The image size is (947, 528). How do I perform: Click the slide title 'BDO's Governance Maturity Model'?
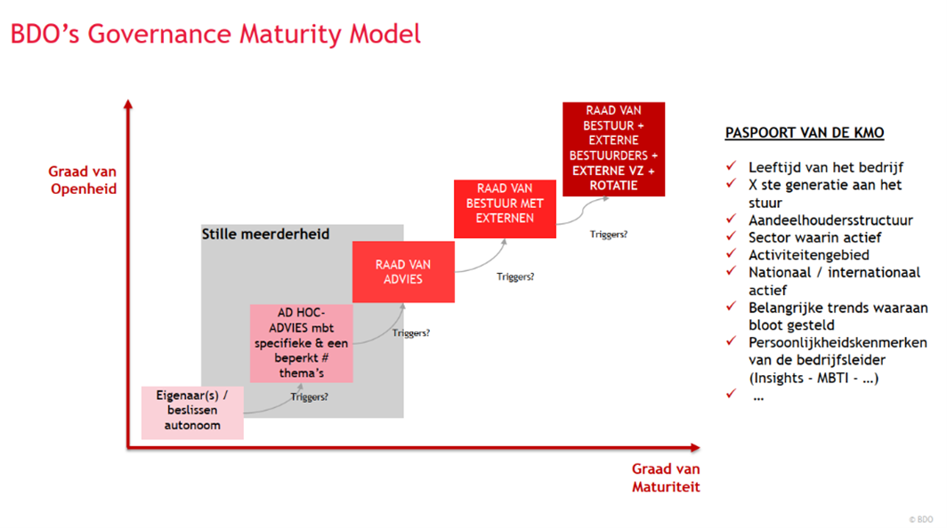[x=215, y=35]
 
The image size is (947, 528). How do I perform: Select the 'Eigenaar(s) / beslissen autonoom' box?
[x=192, y=412]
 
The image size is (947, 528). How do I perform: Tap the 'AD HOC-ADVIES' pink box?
[x=301, y=343]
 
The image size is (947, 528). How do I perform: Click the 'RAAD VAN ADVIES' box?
[x=403, y=272]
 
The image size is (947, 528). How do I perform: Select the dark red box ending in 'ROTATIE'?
[x=613, y=148]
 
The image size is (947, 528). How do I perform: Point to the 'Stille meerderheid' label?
[x=265, y=235]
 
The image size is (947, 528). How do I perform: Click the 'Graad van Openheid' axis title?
[x=83, y=180]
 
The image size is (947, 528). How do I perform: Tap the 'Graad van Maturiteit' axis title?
[x=666, y=477]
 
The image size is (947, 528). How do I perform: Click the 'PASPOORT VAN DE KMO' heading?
[x=805, y=133]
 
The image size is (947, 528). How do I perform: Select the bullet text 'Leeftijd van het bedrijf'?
[x=826, y=167]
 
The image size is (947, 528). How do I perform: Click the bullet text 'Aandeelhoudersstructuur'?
[x=830, y=220]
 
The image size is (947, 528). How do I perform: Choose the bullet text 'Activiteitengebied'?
[x=809, y=255]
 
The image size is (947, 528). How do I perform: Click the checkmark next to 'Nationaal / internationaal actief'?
[x=732, y=272]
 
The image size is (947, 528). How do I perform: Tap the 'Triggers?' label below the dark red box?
[x=609, y=235]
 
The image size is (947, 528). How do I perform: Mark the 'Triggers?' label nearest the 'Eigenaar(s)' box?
[x=309, y=397]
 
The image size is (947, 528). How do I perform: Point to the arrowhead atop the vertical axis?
[x=128, y=105]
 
